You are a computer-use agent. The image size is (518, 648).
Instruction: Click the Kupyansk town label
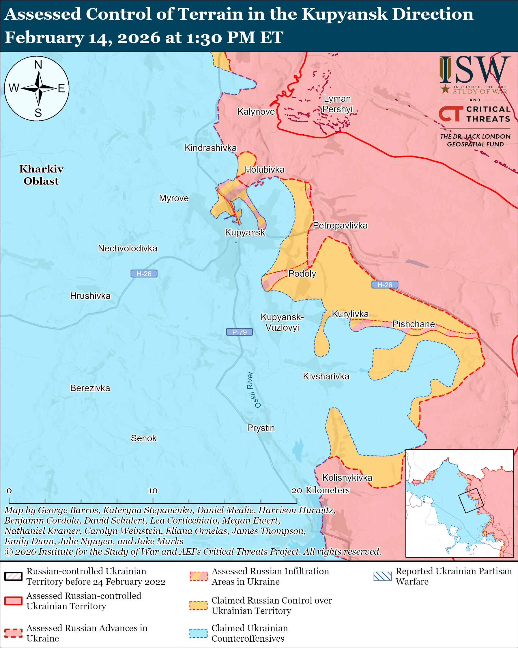point(245,232)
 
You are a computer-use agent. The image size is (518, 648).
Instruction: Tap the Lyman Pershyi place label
point(337,104)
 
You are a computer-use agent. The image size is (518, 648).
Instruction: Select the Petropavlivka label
point(340,226)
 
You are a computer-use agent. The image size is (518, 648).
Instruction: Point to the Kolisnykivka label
point(347,478)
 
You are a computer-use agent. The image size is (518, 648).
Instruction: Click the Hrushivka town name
point(90,296)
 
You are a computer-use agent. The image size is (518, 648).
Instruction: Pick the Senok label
point(143,438)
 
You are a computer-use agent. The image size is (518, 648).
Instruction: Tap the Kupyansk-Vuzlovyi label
point(282,322)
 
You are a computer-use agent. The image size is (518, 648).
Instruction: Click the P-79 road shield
point(239,332)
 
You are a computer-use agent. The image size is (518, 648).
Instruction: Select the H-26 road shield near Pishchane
point(385,285)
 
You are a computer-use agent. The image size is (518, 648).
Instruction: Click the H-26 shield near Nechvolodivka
point(144,273)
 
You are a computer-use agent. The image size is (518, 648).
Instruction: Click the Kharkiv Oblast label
point(41,175)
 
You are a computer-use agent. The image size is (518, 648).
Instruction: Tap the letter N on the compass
point(38,65)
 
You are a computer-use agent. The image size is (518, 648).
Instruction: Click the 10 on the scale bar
point(153,491)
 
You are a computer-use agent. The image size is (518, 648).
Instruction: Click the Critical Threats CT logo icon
point(451,113)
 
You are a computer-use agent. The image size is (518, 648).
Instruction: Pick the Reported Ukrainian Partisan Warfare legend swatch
point(383,576)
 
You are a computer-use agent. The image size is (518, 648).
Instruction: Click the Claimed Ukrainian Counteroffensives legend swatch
point(198,633)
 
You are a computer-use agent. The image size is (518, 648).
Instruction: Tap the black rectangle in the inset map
point(471,500)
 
